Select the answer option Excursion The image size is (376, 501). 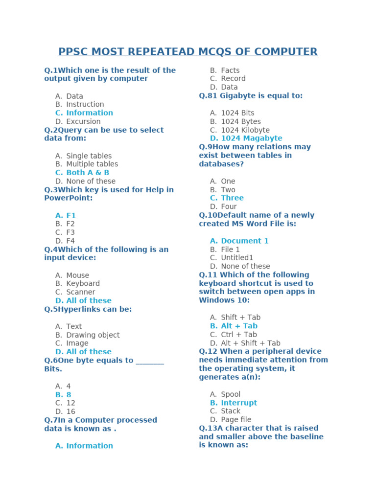point(83,121)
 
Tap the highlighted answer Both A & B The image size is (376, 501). point(88,173)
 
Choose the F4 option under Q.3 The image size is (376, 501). point(70,241)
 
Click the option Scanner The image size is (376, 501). point(81,292)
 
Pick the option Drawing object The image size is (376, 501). point(93,335)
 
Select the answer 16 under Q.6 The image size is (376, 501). point(70,411)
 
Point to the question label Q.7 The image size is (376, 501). point(51,420)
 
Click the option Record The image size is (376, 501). point(233,79)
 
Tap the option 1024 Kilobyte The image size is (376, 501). point(245,130)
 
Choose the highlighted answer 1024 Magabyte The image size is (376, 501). point(251,138)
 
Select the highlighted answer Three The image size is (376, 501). point(232,198)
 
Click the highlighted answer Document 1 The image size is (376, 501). point(244,241)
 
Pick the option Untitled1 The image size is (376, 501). point(237,258)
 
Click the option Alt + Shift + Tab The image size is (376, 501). point(251,343)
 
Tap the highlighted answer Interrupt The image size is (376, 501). point(239,403)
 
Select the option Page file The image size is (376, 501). point(236,420)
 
